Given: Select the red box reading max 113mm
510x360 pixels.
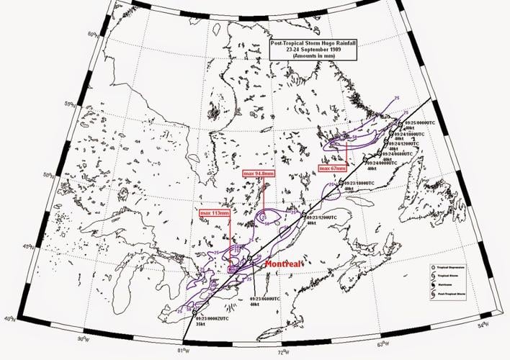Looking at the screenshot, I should (x=215, y=213).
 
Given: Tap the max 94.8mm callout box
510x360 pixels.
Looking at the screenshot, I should (x=258, y=174).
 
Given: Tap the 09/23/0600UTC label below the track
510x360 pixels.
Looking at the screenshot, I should (x=267, y=298).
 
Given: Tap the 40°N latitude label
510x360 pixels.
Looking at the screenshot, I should (x=9, y=318).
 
